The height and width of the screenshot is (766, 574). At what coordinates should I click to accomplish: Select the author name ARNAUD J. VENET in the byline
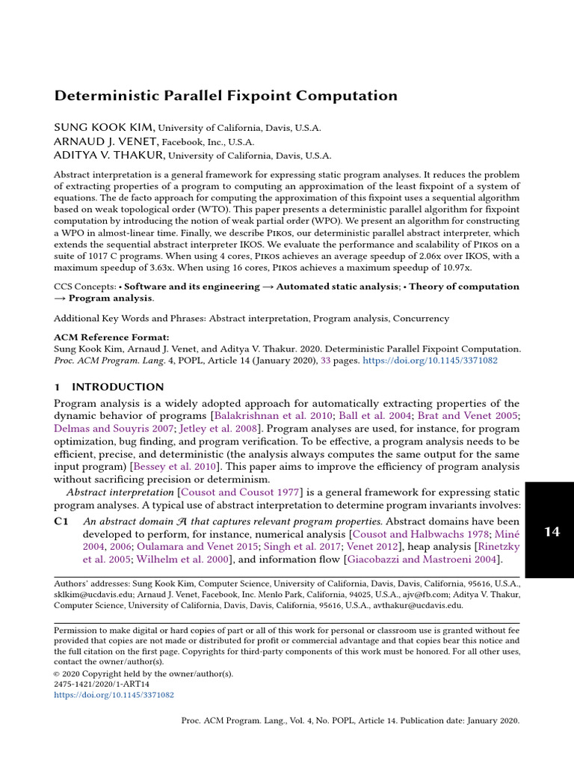105,141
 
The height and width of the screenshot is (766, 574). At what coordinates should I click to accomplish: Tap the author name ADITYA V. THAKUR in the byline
109,156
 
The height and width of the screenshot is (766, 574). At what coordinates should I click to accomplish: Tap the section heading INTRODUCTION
117,387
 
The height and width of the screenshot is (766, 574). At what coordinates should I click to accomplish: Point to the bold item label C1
62,521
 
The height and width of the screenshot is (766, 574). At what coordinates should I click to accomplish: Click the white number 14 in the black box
552,532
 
